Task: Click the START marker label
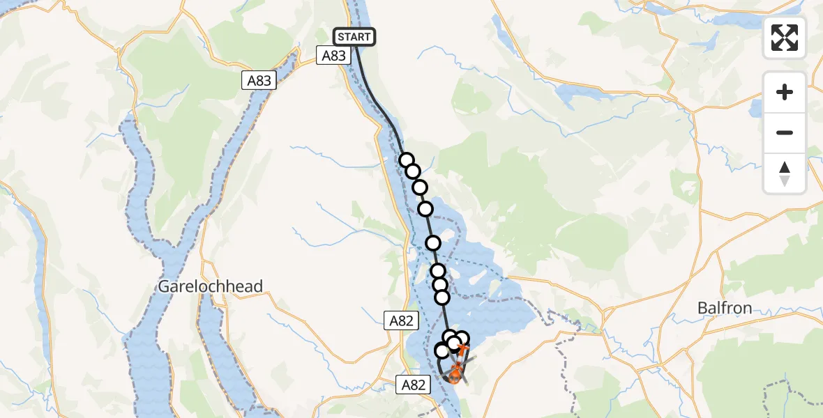point(354,37)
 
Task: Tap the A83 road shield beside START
point(333,55)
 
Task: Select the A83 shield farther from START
point(259,81)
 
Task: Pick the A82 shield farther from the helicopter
point(401,320)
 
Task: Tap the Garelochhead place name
point(211,286)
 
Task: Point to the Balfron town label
point(724,307)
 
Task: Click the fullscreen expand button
point(785,38)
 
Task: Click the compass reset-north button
point(785,173)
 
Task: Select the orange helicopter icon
point(454,376)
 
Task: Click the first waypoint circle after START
point(406,160)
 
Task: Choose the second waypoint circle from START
point(412,171)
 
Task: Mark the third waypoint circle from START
point(419,187)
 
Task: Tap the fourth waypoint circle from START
point(425,209)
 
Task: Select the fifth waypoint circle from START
point(433,243)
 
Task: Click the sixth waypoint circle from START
point(437,271)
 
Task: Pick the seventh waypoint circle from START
point(440,285)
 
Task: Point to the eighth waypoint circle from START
point(442,297)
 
